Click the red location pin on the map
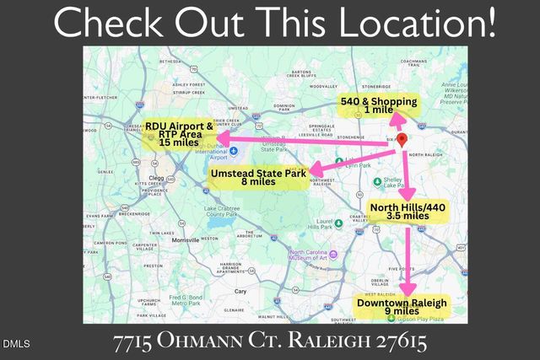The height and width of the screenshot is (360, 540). (x=402, y=139)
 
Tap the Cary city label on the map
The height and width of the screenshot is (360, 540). (x=241, y=291)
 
